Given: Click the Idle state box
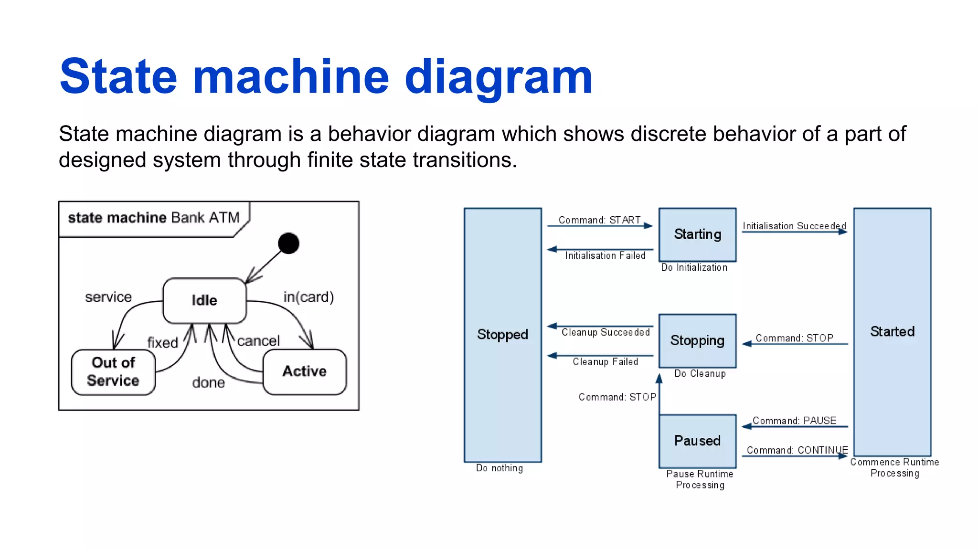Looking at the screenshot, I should tap(204, 300).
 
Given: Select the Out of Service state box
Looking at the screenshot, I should tap(113, 372).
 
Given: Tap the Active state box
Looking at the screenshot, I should tap(305, 371).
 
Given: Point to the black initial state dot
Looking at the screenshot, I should tap(288, 243).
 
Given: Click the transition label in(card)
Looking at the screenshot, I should tap(308, 297).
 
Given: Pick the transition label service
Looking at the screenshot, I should tap(108, 297).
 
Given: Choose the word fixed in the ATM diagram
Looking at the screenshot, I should tap(162, 342).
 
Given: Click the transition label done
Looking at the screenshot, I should tap(208, 382).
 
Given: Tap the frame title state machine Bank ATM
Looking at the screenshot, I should tap(154, 218).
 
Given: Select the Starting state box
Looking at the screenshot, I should tap(697, 234).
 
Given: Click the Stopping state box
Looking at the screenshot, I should tap(697, 340).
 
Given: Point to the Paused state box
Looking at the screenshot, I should tap(697, 441).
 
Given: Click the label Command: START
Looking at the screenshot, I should tap(599, 220).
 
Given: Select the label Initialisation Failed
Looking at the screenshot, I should tap(605, 256).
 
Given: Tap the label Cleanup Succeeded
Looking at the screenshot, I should tap(606, 332).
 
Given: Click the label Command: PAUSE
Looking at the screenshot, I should tap(794, 421).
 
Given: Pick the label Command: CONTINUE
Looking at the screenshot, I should tap(797, 450).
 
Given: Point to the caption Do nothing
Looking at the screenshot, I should tap(499, 468).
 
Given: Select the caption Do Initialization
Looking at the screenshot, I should tap(694, 268).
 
